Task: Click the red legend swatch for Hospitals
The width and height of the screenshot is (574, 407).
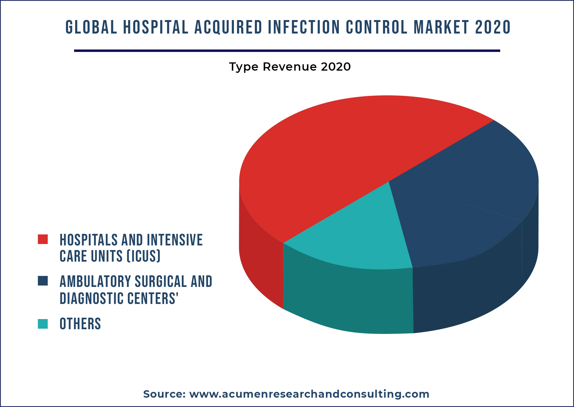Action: click(x=43, y=239)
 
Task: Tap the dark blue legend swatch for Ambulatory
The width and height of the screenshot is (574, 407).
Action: click(x=43, y=281)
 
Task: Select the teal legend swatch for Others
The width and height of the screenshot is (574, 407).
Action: click(x=43, y=324)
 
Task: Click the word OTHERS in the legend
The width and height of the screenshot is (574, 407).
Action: click(x=80, y=324)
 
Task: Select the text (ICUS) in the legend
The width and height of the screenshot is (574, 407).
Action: click(x=143, y=256)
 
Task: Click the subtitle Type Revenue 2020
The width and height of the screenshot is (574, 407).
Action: click(x=290, y=67)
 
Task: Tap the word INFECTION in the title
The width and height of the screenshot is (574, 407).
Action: click(x=303, y=27)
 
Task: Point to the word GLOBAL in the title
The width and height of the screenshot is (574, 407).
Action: click(x=91, y=27)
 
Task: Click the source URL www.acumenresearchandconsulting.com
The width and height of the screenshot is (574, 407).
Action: click(x=309, y=394)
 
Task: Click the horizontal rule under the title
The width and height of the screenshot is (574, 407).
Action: click(x=287, y=51)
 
